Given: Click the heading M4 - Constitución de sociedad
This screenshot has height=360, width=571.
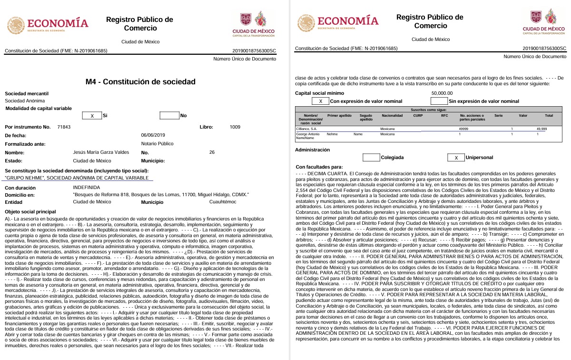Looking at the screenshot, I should (x=140, y=82).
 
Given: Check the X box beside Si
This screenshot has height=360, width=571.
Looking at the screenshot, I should (x=92, y=116).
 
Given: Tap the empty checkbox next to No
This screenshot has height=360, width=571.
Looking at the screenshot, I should (x=169, y=116).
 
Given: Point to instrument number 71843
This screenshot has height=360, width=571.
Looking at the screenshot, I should (x=63, y=127).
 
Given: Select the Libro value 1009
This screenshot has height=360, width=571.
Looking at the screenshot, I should (x=235, y=127).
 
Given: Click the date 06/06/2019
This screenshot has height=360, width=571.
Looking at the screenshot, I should (x=153, y=135).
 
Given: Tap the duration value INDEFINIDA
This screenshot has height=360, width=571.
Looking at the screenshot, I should (x=86, y=188).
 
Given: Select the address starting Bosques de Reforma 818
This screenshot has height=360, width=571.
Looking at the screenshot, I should (x=161, y=195).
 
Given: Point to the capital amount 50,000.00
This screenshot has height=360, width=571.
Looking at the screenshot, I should (x=442, y=93).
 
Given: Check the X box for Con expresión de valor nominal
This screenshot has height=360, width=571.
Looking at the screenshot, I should (x=320, y=101).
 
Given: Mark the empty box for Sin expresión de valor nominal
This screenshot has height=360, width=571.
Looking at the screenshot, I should (x=439, y=101).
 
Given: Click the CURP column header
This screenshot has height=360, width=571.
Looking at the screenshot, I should (x=418, y=115).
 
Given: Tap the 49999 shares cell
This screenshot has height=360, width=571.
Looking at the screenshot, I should (x=463, y=129).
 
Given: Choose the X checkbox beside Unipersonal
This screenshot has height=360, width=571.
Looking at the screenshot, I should (x=456, y=158).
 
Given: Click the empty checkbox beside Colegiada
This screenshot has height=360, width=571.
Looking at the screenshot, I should (x=371, y=158).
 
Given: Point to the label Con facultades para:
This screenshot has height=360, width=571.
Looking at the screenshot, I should (x=319, y=167).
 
